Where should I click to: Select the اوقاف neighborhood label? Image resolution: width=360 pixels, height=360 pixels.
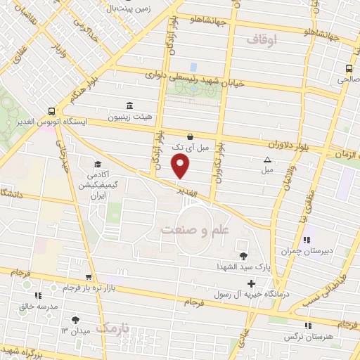pyautogui.click(x=264, y=41)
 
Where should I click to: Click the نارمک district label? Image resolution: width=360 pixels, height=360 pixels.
pyautogui.click(x=115, y=328)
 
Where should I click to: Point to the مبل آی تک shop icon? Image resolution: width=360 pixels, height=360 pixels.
pyautogui.click(x=190, y=136)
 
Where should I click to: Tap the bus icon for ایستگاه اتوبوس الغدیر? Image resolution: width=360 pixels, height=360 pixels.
pyautogui.click(x=51, y=111)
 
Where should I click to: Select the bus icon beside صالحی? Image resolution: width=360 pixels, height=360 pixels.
pyautogui.click(x=349, y=68)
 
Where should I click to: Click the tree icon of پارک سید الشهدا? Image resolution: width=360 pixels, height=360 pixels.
pyautogui.click(x=243, y=256)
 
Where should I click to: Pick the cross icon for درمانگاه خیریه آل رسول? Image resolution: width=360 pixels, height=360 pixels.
pyautogui.click(x=250, y=283)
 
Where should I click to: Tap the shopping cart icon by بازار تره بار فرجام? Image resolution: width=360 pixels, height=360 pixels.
pyautogui.click(x=88, y=277)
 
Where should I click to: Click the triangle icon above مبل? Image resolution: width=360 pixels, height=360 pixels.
pyautogui.click(x=266, y=160)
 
